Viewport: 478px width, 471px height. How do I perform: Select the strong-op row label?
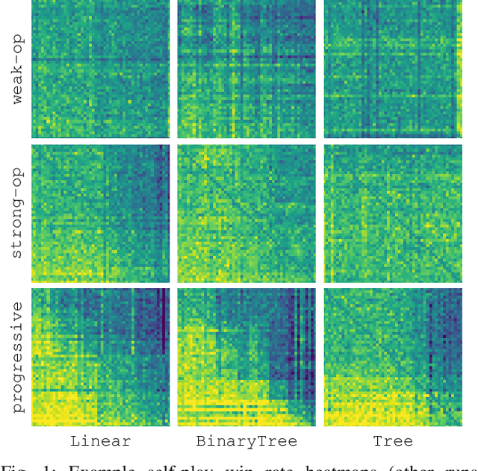[x=16, y=213]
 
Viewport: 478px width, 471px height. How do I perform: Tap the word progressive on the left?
[x=16, y=357]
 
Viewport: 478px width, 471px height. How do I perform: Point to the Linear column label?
[x=100, y=441]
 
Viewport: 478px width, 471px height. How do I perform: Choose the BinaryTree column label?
[x=246, y=441]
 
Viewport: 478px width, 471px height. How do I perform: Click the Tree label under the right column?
[x=393, y=441]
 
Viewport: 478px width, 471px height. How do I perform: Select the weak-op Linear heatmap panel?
[x=100, y=69]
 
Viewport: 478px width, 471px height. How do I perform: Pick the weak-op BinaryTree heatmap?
[x=246, y=69]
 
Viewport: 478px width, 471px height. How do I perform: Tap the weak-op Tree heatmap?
[x=393, y=69]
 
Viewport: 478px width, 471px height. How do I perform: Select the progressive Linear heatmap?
[x=100, y=357]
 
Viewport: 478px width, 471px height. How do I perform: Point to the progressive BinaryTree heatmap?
[x=246, y=357]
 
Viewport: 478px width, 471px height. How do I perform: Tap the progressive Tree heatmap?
[x=393, y=357]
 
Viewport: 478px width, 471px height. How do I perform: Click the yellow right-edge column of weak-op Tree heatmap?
[x=459, y=75]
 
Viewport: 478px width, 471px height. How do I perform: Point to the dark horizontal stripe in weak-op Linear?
[x=100, y=58]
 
